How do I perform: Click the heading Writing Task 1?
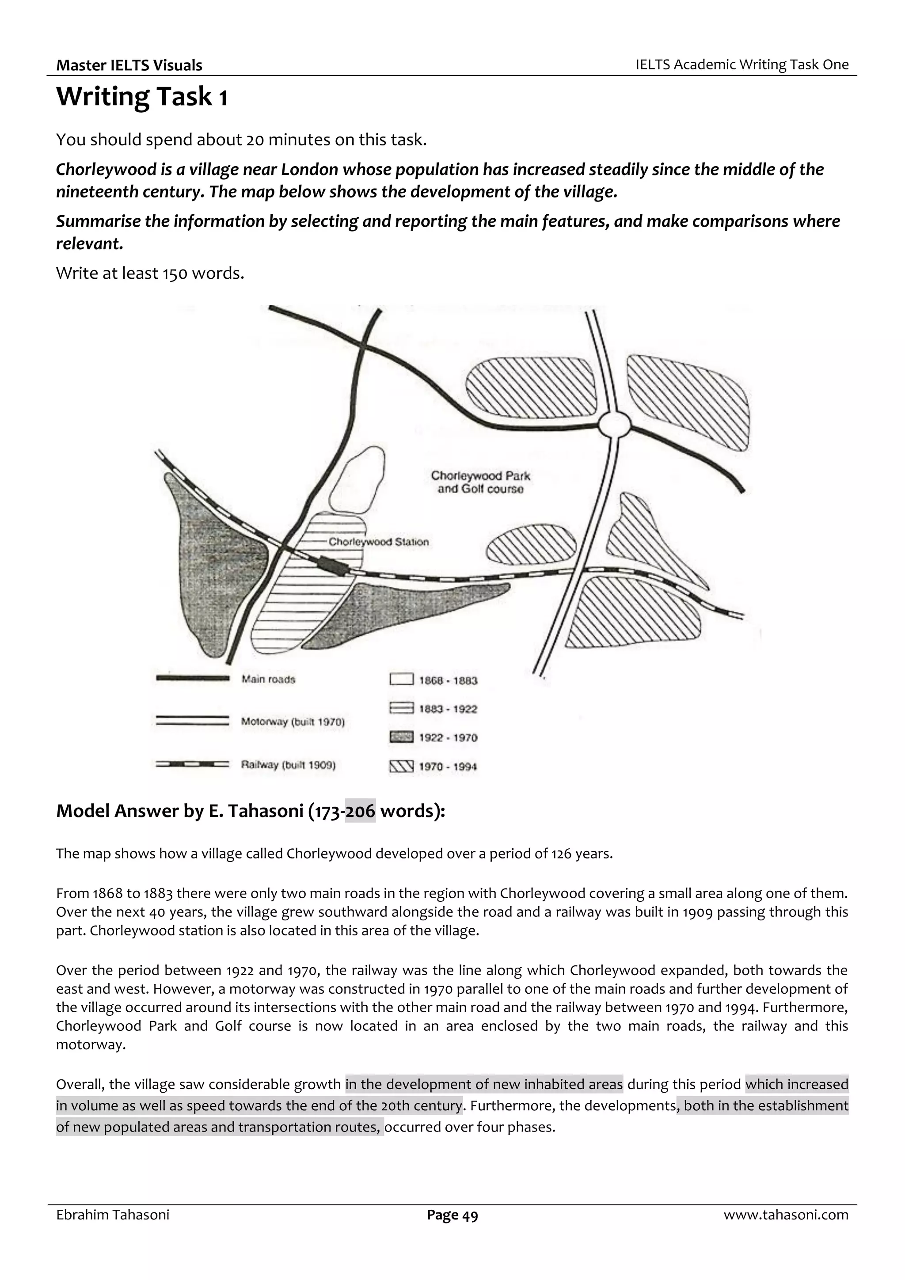pyautogui.click(x=142, y=96)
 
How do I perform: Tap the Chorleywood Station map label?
pyautogui.click(x=378, y=542)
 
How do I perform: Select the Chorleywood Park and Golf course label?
pyautogui.click(x=480, y=482)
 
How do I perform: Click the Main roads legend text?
pyautogui.click(x=268, y=679)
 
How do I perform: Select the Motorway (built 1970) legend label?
pyautogui.click(x=293, y=722)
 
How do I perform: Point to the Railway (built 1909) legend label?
pyautogui.click(x=288, y=765)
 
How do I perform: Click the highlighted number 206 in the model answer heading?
pyautogui.click(x=360, y=811)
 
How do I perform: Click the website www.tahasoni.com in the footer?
pyautogui.click(x=786, y=1215)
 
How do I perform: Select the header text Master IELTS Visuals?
pyautogui.click(x=129, y=65)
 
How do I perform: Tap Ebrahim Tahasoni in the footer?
pyautogui.click(x=113, y=1215)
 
